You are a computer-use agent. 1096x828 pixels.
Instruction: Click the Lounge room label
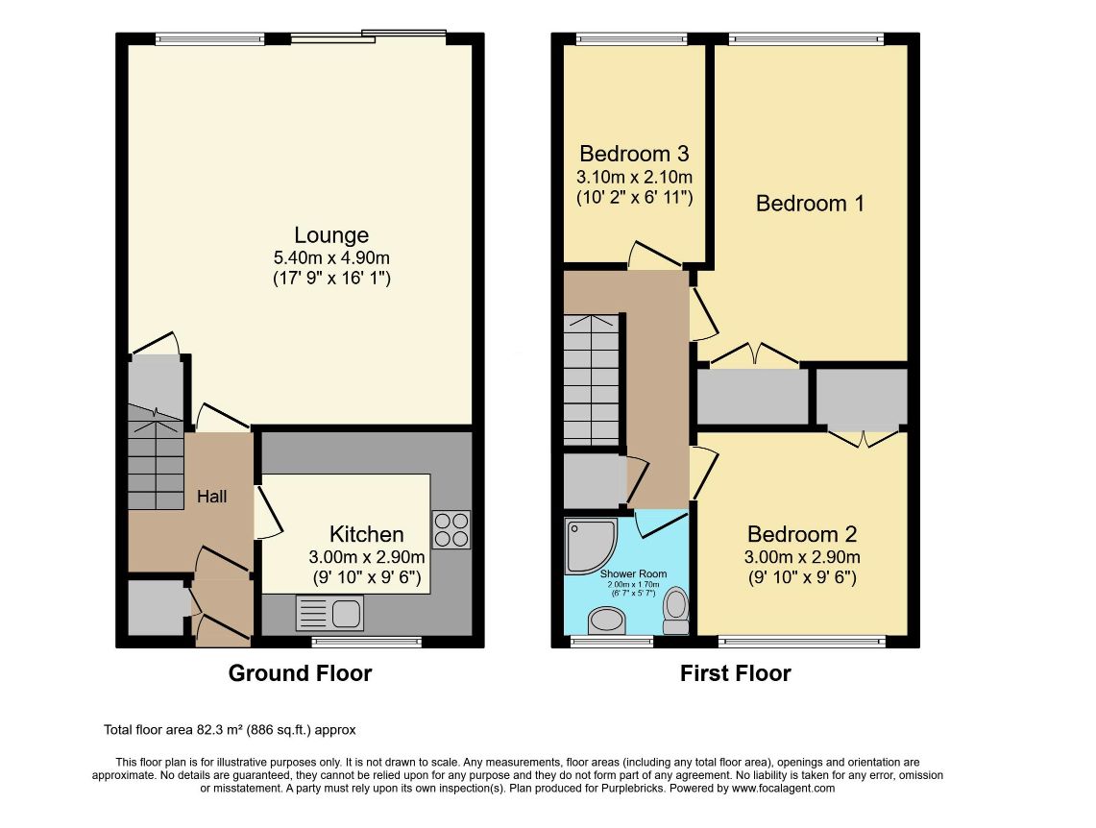tap(331, 234)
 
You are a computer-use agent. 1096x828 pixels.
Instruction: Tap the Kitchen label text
tap(366, 534)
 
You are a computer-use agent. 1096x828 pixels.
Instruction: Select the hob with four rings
tap(451, 529)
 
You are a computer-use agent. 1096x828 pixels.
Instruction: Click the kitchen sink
tap(329, 613)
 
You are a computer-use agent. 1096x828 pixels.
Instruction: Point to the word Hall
tap(211, 496)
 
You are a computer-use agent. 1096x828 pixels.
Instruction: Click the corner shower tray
tap(591, 546)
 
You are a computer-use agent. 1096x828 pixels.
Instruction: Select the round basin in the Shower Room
tap(607, 620)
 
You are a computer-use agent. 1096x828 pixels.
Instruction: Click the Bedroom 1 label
tap(810, 204)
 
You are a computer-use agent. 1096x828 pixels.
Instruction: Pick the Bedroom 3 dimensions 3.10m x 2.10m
tap(635, 177)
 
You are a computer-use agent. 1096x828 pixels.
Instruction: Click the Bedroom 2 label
tap(802, 534)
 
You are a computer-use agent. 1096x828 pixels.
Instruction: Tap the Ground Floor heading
tap(300, 673)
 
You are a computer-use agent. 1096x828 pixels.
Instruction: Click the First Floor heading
tap(736, 673)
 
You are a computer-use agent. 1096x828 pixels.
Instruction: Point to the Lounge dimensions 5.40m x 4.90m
tap(331, 257)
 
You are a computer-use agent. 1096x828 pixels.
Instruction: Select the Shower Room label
tap(633, 573)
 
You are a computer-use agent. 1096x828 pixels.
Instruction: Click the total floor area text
tap(230, 730)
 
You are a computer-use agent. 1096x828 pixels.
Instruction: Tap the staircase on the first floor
tap(592, 379)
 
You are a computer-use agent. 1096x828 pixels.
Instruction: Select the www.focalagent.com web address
tap(783, 789)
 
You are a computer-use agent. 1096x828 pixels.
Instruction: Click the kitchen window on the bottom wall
tap(366, 642)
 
